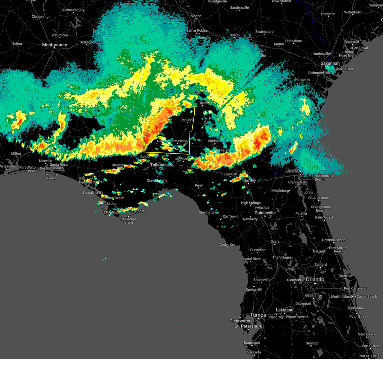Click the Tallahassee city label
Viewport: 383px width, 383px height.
pyautogui.click(x=162, y=165)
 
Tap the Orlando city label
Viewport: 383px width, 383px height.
pyautogui.click(x=315, y=279)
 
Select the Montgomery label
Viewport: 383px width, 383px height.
pyautogui.click(x=55, y=45)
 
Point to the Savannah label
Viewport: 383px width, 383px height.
pyautogui.click(x=330, y=63)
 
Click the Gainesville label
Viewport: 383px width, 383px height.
pyautogui.click(x=265, y=213)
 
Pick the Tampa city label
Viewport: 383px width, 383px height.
pyautogui.click(x=258, y=315)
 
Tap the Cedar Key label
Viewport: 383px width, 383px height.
pyautogui.click(x=227, y=244)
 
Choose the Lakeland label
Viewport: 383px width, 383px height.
pyautogui.click(x=285, y=310)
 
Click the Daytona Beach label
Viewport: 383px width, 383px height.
pyautogui.click(x=334, y=240)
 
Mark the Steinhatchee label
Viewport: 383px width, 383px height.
pyautogui.click(x=209, y=212)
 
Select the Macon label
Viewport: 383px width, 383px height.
pyautogui.click(x=196, y=16)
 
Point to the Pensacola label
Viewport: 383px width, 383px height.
pyautogui.click(x=7, y=166)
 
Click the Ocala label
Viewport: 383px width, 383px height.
pyautogui.click(x=275, y=241)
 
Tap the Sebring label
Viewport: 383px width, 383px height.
pyautogui.click(x=312, y=343)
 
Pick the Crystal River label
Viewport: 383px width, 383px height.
pyautogui.click(x=251, y=259)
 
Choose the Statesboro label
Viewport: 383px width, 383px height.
pyautogui.click(x=294, y=41)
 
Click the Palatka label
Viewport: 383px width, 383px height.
pyautogui.click(x=301, y=214)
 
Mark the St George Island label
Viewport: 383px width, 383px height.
pyautogui.click(x=128, y=221)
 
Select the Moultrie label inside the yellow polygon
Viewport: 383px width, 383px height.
pyautogui.click(x=188, y=120)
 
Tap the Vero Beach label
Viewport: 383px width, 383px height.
pyautogui.click(x=367, y=334)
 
